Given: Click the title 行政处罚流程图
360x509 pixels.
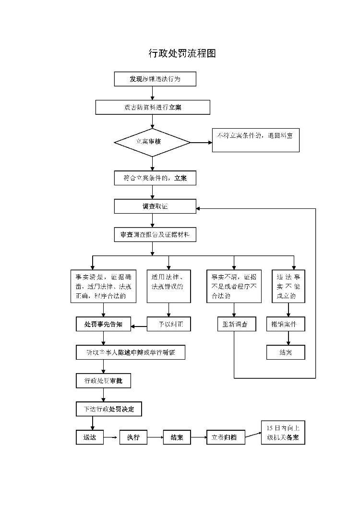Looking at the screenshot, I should point(182,53).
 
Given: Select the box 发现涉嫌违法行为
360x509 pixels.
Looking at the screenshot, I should point(155,79).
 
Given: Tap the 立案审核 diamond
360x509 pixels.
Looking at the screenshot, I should point(152,142).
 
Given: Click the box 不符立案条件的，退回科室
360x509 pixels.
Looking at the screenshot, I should point(255,140).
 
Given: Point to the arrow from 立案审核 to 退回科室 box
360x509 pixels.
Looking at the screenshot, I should point(201,142).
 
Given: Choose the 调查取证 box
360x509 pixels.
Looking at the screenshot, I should point(155,206).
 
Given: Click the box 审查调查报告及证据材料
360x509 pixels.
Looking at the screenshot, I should point(155,235).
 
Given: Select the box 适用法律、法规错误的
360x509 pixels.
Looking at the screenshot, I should point(168,286).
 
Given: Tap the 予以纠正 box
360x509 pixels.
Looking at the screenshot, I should point(168,325).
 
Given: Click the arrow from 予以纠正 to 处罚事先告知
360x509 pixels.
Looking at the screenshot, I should point(140,327).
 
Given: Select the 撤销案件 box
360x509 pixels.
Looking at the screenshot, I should point(286,325).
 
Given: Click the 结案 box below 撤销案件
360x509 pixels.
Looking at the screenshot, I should point(286,352).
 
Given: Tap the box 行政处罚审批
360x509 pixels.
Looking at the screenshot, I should point(103,381).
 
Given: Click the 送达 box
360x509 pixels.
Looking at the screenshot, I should point(89,437).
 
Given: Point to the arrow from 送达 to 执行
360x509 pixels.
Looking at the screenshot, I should point(111,437).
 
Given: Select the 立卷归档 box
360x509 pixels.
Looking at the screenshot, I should point(225,437).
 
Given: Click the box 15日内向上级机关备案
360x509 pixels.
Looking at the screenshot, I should point(283,433).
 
